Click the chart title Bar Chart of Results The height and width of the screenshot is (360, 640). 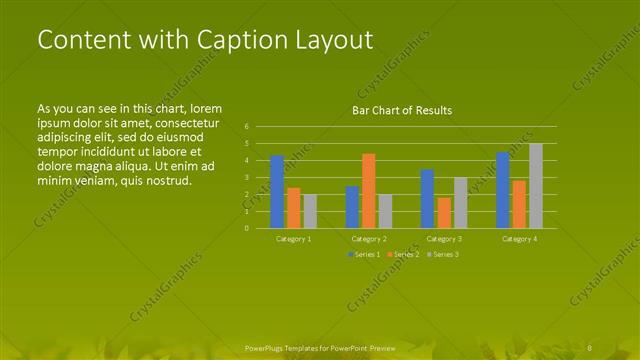(402, 110)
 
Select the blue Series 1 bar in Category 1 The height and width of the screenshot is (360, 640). (277, 191)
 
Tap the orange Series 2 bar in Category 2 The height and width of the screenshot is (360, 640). (369, 190)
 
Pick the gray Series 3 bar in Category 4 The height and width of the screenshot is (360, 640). (536, 185)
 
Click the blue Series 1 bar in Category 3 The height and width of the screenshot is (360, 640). (427, 198)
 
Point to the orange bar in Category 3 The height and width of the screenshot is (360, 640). (444, 212)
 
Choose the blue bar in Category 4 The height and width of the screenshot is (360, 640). (503, 189)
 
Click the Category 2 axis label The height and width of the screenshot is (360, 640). (369, 239)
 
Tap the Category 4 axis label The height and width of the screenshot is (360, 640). (519, 239)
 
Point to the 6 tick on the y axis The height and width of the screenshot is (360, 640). (246, 127)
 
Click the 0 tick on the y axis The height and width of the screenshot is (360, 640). (246, 228)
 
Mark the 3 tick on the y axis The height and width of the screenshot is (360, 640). (246, 177)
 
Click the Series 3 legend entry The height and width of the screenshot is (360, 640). (442, 255)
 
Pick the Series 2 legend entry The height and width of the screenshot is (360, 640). (403, 255)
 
